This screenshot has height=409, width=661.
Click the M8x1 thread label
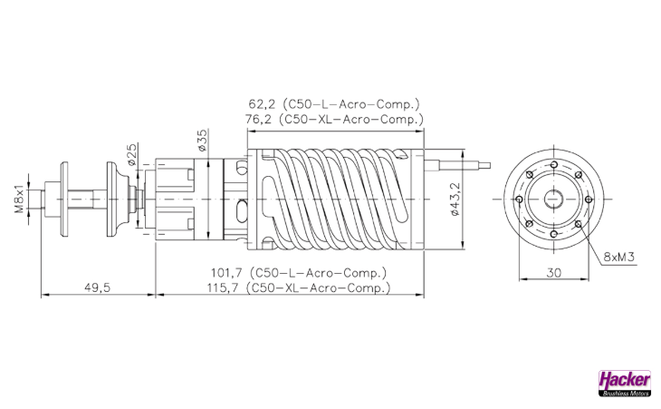point(17,196)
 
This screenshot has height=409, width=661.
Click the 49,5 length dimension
point(97,287)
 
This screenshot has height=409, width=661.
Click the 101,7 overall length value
point(230,272)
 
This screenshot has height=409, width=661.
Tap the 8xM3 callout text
point(618,257)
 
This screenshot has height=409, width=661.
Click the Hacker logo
point(624,379)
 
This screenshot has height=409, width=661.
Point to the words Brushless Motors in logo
point(624,393)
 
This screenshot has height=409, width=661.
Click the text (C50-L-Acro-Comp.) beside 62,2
point(351,103)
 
